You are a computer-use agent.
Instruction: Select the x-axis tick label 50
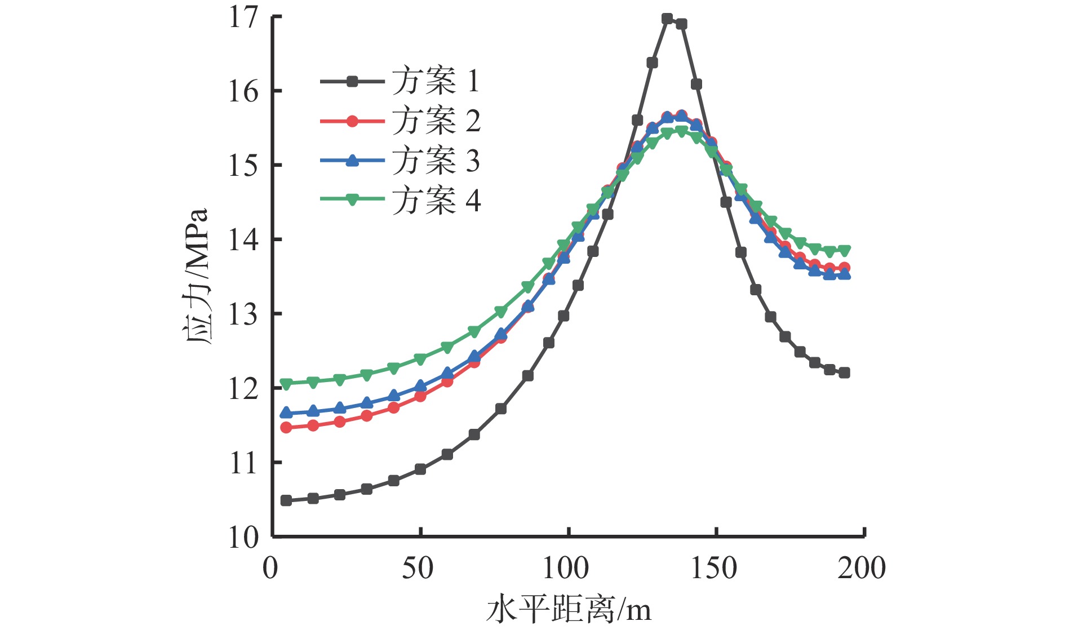click(x=418, y=567)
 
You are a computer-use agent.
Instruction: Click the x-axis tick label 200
click(x=861, y=567)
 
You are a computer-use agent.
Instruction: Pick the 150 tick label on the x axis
click(x=713, y=567)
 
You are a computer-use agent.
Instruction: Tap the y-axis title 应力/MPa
click(x=197, y=276)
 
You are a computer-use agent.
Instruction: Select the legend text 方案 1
click(x=436, y=81)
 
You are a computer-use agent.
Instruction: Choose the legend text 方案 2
click(x=436, y=121)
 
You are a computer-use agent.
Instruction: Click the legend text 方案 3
click(x=436, y=161)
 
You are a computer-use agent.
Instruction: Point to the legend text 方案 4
click(x=436, y=200)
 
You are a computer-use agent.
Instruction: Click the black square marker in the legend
click(x=352, y=82)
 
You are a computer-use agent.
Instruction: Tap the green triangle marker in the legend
click(x=352, y=199)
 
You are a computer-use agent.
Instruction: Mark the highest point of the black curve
click(x=667, y=19)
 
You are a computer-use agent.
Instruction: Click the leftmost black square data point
click(x=286, y=500)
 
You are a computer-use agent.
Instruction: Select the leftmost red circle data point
click(x=286, y=428)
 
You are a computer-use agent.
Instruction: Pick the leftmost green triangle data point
click(x=286, y=384)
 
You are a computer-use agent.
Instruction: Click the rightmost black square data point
click(x=844, y=372)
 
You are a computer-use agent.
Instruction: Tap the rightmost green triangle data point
click(x=844, y=250)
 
